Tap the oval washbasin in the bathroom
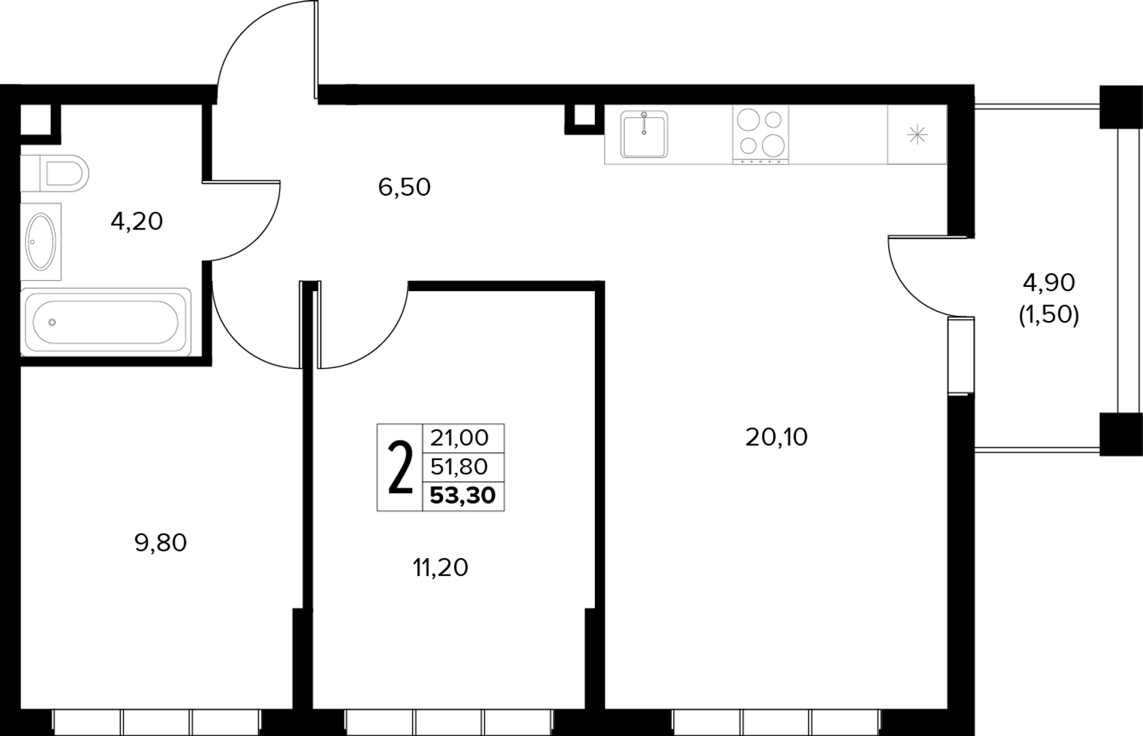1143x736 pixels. [41, 242]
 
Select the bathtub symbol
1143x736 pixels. [106, 322]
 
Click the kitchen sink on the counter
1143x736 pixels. [644, 134]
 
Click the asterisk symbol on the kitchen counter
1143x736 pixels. [917, 135]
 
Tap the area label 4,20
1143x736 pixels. [137, 221]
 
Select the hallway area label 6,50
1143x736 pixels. [404, 187]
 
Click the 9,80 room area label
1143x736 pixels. [161, 542]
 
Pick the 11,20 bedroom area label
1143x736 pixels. [440, 568]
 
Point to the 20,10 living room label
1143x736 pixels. [776, 437]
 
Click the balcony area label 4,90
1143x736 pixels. [1049, 282]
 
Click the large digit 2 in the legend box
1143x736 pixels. [400, 467]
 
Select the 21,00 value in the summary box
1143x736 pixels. [459, 438]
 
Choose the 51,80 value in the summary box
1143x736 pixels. [459, 466]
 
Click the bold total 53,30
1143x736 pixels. [463, 495]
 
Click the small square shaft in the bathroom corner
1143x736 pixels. [35, 119]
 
